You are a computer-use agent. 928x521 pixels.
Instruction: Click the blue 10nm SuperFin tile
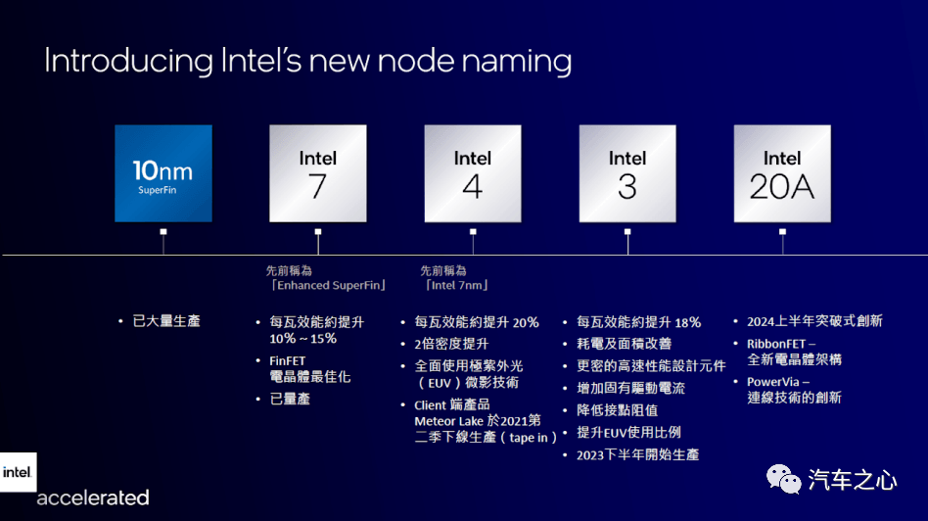[x=163, y=173]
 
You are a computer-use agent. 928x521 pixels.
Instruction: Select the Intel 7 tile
[x=318, y=173]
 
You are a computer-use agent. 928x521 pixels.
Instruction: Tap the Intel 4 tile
[x=473, y=173]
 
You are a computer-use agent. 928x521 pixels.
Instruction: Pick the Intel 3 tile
[x=627, y=173]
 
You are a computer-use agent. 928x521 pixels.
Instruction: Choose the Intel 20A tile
[x=782, y=173]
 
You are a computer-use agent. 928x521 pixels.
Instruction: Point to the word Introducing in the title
[x=128, y=61]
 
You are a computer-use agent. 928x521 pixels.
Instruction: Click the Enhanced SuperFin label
[x=329, y=285]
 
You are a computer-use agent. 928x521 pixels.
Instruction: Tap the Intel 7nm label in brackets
[x=457, y=285]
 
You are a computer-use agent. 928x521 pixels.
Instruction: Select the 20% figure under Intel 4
[x=526, y=322]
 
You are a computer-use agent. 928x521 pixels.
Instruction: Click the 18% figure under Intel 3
[x=688, y=322]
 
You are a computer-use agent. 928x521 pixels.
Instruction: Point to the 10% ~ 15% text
[x=303, y=339]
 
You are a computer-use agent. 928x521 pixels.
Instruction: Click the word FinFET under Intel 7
[x=288, y=361]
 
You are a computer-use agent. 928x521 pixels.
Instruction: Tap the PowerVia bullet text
[x=773, y=382]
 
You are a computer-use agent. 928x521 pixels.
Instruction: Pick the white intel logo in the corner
[x=18, y=472]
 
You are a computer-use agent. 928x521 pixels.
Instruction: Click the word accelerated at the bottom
[x=93, y=497]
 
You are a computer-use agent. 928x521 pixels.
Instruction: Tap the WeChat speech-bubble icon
[x=783, y=479]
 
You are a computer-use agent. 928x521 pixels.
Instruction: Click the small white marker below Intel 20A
[x=782, y=232]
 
